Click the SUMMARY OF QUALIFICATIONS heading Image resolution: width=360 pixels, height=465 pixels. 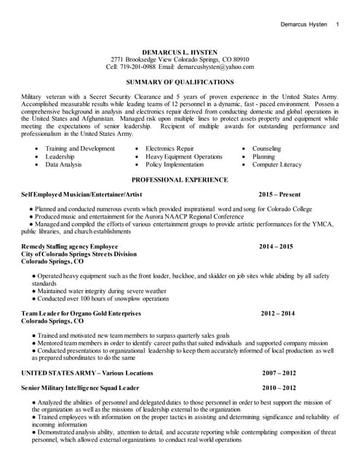(180, 82)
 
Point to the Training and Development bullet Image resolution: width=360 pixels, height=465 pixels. (80, 148)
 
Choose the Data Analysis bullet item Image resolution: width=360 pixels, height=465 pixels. (64, 165)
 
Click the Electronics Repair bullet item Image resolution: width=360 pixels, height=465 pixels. (169, 148)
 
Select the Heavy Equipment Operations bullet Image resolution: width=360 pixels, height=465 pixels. (184, 156)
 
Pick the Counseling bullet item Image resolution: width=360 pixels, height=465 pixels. (267, 148)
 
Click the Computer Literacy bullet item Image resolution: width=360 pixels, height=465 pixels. (277, 165)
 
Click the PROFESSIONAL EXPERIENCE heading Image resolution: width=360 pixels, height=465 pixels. (180, 179)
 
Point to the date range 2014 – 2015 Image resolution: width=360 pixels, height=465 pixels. (276, 246)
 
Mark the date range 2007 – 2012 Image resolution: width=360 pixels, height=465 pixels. (279, 373)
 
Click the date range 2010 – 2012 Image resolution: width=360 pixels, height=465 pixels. (279, 388)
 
